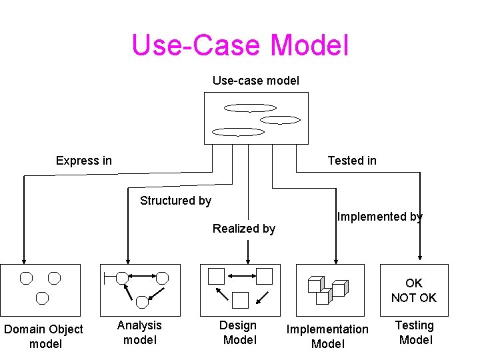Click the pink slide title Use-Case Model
(240, 45)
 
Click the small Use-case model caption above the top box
(256, 81)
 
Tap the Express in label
(84, 161)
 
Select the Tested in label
(352, 161)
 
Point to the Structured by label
(175, 201)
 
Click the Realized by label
(244, 229)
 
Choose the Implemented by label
(380, 217)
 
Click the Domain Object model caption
(43, 336)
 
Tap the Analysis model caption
(139, 332)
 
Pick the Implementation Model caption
(327, 336)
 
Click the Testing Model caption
(415, 332)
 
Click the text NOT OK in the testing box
(414, 298)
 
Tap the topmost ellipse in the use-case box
(250, 108)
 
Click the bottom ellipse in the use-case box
(238, 132)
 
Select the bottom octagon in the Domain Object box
(43, 297)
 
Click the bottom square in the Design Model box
(240, 300)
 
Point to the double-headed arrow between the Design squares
(241, 275)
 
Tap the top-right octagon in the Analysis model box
(162, 277)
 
